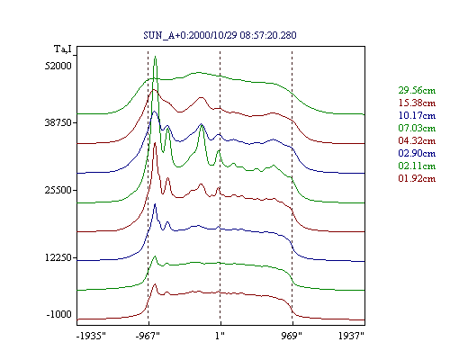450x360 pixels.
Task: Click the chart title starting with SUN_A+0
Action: coord(220,35)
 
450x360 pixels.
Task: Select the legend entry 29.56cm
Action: coord(417,90)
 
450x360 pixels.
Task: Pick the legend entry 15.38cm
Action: coord(417,103)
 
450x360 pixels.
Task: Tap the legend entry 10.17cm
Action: coord(417,115)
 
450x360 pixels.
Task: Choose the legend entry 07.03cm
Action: coord(417,128)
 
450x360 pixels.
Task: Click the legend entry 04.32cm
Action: coord(417,140)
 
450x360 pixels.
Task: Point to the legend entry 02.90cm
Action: coord(417,153)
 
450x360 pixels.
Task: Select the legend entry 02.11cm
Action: coord(417,166)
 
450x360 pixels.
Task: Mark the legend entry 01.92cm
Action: coord(417,178)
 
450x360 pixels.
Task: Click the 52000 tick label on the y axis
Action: coord(58,66)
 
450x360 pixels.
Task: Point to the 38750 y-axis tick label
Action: coord(58,122)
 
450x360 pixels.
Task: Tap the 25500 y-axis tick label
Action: coord(58,190)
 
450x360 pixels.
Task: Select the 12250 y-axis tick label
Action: coord(58,257)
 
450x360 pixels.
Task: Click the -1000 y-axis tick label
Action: coord(58,314)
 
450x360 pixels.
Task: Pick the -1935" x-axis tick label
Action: coord(91,336)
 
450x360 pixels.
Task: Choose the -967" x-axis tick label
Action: coord(148,336)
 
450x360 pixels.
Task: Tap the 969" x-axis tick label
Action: coord(292,336)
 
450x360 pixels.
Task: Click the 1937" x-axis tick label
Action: coord(351,336)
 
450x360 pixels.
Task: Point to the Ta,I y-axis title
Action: coord(63,49)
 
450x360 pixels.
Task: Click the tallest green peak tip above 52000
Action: coord(155,57)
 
